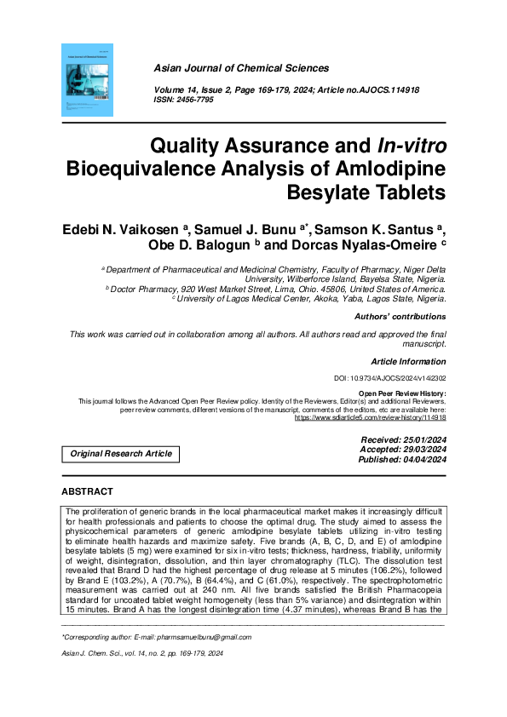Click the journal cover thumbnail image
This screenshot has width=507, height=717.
tap(87, 80)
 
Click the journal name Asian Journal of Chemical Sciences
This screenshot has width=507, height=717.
tap(241, 68)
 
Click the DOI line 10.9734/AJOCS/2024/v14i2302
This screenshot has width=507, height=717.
tap(389, 378)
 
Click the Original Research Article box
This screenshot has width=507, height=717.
tap(121, 454)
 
